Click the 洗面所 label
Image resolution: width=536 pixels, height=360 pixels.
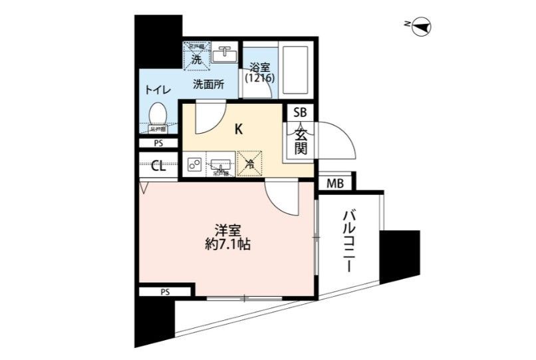[208, 85]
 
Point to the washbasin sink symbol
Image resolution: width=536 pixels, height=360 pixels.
[224, 53]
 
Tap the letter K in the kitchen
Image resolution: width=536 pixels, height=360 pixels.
[238, 129]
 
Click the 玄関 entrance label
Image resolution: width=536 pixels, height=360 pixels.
[301, 140]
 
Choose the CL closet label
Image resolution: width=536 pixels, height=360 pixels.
[158, 166]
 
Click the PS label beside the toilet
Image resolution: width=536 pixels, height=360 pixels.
[158, 142]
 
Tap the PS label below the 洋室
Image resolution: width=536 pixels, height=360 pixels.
[165, 291]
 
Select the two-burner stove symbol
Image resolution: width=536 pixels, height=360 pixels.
[195, 164]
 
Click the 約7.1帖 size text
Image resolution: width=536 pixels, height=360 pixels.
[228, 244]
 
